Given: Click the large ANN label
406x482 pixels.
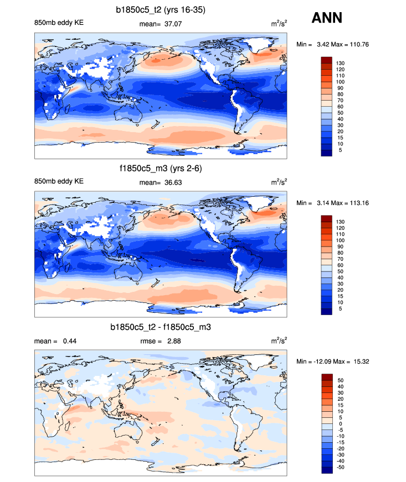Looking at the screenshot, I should [327, 18].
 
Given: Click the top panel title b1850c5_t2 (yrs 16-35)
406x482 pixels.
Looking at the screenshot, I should [161, 9].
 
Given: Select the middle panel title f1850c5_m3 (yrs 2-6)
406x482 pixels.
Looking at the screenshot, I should [161, 169].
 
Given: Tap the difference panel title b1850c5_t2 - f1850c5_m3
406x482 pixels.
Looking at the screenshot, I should [161, 328].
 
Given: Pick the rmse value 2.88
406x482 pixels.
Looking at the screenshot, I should [172, 341].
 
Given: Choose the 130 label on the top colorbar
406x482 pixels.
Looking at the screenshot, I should [341, 63].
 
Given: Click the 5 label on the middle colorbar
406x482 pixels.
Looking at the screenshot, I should [338, 309].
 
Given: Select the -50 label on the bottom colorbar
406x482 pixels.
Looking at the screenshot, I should [341, 467].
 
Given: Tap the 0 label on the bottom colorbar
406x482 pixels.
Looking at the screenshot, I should [338, 423].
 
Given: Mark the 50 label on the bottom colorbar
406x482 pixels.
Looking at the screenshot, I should [340, 380].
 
